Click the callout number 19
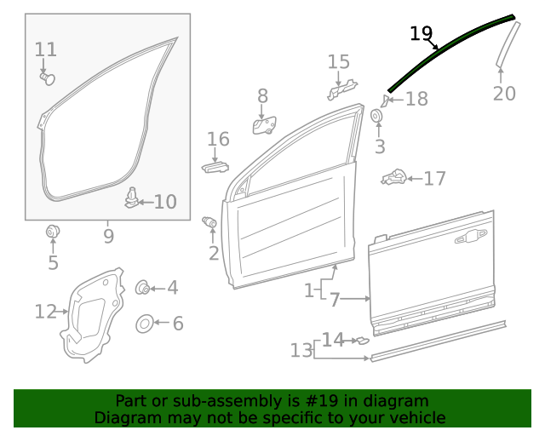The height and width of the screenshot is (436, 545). point(421,33)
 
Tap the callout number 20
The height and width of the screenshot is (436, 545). point(504,94)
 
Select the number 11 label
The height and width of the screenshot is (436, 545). point(46,49)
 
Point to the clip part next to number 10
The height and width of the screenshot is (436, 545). point(131,198)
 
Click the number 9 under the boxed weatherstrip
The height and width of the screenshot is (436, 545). point(108,236)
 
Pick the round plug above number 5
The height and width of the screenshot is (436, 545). point(53,231)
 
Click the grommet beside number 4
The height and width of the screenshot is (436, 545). point(143,288)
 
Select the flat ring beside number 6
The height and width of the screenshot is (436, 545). point(144,324)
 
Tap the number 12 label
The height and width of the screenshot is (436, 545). point(45,312)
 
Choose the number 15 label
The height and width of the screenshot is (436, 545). point(338,62)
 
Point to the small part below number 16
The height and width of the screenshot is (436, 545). point(215,165)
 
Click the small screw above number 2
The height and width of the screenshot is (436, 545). point(209,223)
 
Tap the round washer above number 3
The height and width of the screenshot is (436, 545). point(378,116)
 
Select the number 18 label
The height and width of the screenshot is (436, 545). point(416,100)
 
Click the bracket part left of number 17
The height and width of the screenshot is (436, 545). point(393,178)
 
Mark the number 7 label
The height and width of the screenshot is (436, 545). point(335,300)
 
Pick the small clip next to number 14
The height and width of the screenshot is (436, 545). point(362,341)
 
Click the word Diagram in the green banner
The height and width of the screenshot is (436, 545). point(124,418)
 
